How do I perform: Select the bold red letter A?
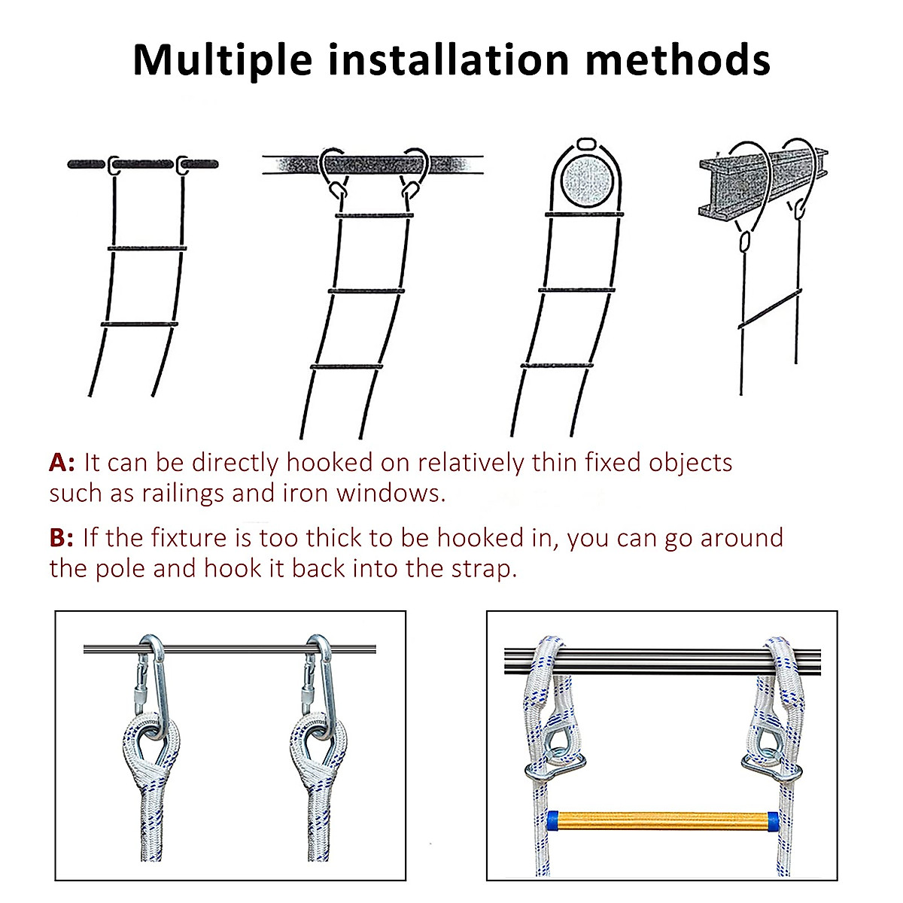[62, 462]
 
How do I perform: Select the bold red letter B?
[62, 538]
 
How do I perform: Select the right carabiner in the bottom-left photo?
[319, 677]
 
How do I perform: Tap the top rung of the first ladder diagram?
[147, 248]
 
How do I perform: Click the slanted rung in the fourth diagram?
[769, 310]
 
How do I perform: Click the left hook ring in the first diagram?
[114, 165]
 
